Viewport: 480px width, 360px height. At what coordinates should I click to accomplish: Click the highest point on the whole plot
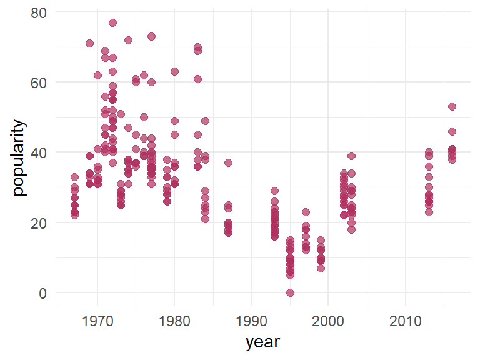click(x=112, y=22)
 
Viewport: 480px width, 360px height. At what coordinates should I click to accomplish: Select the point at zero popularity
click(x=290, y=292)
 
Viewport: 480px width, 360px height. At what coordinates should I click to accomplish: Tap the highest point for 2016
click(x=452, y=107)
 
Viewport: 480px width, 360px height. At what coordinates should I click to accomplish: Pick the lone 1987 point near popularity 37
click(x=229, y=163)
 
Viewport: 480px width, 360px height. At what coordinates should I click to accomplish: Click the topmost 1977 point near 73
click(x=151, y=37)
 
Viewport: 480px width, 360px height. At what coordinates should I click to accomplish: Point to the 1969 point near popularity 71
click(x=89, y=44)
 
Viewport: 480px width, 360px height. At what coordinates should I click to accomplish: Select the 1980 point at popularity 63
click(x=174, y=72)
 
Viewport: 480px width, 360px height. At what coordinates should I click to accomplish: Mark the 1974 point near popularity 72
click(x=128, y=40)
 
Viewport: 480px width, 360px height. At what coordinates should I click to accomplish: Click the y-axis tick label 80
click(x=39, y=12)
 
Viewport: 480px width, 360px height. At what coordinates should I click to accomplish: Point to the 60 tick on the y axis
click(x=39, y=82)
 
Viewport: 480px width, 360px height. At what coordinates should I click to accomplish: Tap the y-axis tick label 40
click(x=39, y=152)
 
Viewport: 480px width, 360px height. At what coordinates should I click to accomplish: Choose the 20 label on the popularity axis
click(x=39, y=222)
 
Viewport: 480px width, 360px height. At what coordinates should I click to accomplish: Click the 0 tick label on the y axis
click(x=43, y=292)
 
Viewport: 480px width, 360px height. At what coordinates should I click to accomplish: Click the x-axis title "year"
click(x=262, y=342)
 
